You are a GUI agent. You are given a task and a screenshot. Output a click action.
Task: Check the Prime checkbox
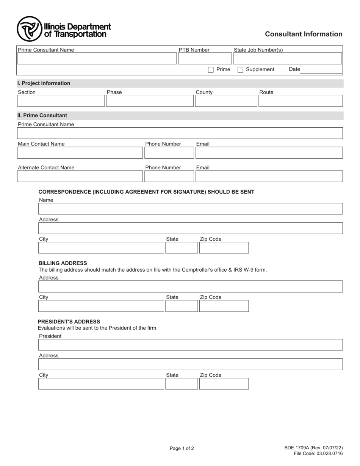(211, 70)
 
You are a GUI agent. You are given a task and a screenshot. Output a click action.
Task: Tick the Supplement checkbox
(240, 70)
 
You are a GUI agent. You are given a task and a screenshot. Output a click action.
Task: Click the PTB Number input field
(205, 59)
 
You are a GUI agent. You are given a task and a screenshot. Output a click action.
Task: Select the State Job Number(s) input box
(287, 59)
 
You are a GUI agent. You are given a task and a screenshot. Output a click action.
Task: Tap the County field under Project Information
(226, 101)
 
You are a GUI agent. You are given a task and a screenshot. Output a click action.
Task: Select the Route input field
(301, 101)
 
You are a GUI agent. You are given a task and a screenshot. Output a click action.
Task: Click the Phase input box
(150, 101)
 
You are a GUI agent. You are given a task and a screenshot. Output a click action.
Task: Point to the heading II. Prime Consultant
(42, 116)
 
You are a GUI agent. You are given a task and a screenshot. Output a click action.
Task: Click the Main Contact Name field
(80, 153)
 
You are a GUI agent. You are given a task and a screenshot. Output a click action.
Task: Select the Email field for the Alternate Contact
(269, 177)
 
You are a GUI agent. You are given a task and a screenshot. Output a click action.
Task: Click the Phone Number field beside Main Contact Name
(169, 153)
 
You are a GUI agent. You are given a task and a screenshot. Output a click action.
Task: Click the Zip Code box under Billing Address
(224, 306)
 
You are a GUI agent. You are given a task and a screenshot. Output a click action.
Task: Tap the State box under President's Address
(182, 384)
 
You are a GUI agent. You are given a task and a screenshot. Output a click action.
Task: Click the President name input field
(190, 345)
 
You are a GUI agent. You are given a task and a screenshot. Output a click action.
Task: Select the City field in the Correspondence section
(101, 248)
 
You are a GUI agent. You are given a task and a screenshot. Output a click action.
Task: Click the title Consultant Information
(304, 34)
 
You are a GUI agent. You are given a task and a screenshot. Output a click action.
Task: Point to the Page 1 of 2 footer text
(182, 449)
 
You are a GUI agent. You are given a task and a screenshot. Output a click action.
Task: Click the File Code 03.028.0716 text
(318, 454)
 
